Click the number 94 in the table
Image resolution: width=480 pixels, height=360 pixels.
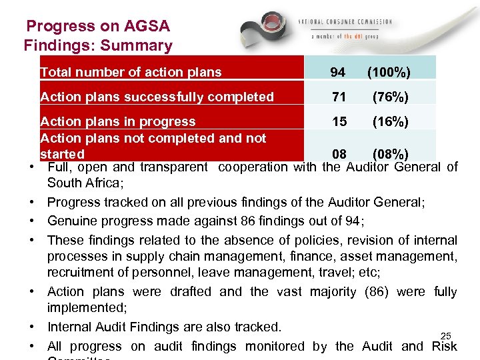pos(339,72)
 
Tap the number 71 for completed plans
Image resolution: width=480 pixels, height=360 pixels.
pos(339,97)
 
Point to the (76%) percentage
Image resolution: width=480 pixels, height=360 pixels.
pos(390,97)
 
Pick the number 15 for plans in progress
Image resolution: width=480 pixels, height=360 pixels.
pos(339,122)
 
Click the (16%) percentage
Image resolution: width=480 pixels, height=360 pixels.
pos(390,122)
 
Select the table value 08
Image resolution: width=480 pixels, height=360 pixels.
pos(339,155)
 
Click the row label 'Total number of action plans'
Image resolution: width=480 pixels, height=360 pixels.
pos(131,72)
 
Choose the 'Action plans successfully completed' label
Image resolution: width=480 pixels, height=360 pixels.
pos(157,97)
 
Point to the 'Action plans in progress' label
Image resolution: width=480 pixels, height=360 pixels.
pos(118,122)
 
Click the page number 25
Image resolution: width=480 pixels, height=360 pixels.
pos(446,335)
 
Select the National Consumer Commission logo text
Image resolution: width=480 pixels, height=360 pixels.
pos(350,22)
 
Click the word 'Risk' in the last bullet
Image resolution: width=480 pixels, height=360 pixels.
pos(443,346)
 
